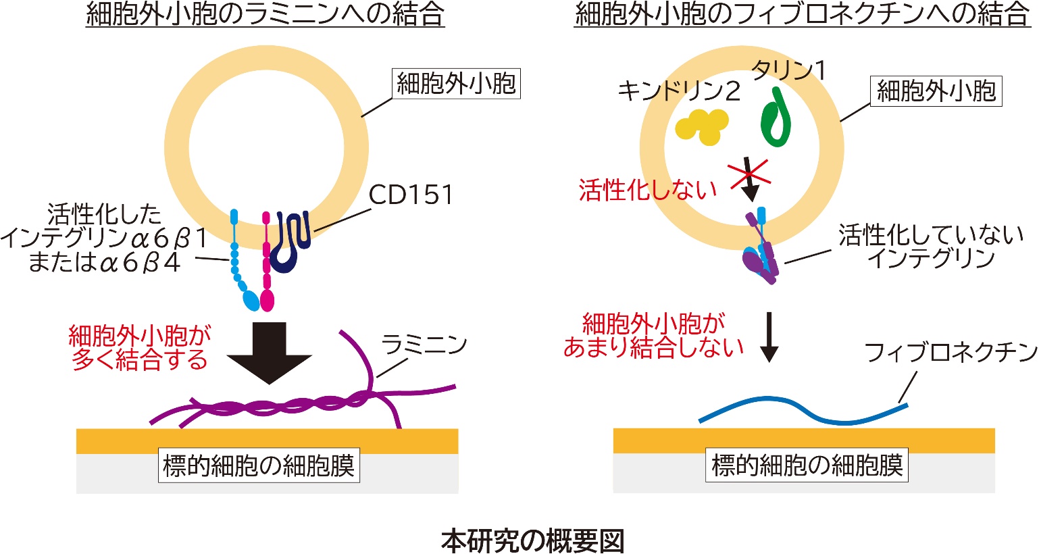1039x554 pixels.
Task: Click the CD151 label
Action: (x=411, y=195)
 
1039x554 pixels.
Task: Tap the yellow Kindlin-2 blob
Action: (x=701, y=126)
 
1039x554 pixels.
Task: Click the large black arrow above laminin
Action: (x=269, y=353)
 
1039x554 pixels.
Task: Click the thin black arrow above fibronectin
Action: (x=769, y=337)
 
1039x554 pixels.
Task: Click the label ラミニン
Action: (x=424, y=345)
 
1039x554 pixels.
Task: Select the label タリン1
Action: (x=788, y=70)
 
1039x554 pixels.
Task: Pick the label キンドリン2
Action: (x=679, y=91)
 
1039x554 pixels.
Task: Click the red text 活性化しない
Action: (x=648, y=190)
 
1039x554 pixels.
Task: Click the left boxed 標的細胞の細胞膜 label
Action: (x=259, y=465)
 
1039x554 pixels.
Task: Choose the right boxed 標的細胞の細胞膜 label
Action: (x=807, y=465)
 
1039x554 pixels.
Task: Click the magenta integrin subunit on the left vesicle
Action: (x=266, y=261)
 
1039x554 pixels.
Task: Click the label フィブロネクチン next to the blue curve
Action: (x=951, y=353)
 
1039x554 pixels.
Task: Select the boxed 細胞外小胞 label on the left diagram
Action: (x=457, y=84)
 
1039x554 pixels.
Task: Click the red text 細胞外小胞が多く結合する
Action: (x=140, y=347)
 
